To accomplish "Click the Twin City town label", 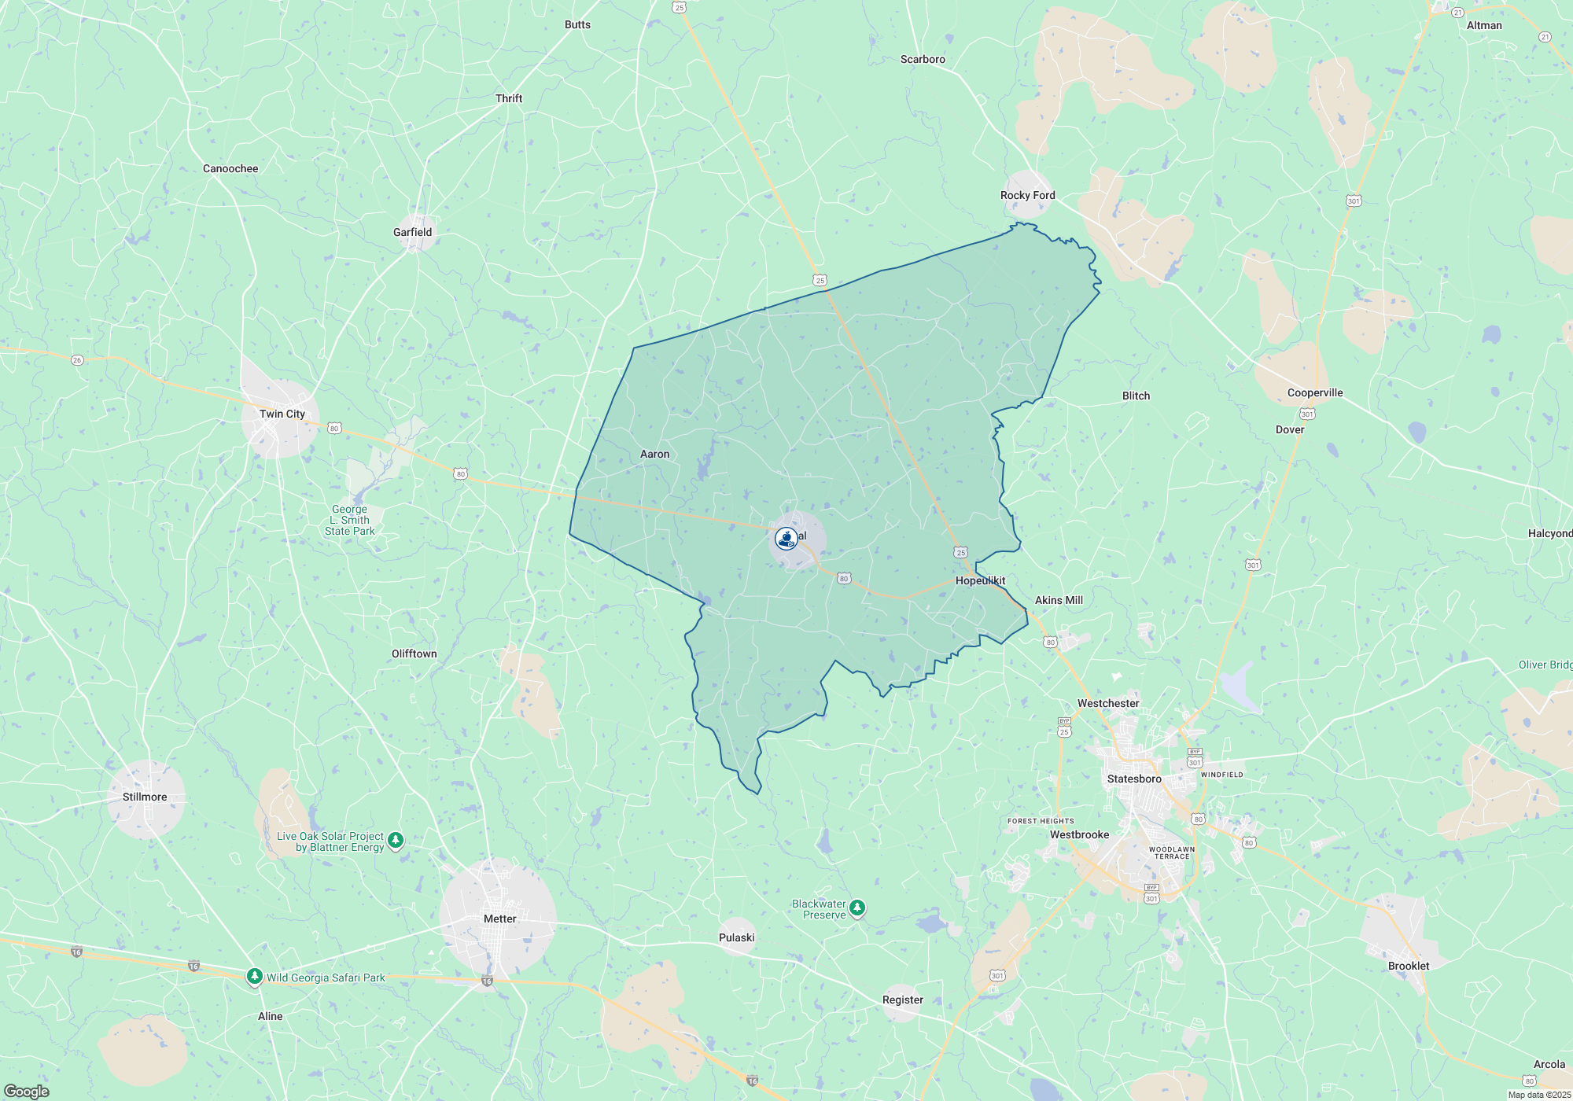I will click(282, 414).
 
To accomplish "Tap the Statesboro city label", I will click(1134, 779).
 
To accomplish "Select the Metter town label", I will click(500, 919).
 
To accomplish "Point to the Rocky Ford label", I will click(1027, 195).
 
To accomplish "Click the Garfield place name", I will click(412, 232).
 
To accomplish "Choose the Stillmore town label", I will click(145, 797).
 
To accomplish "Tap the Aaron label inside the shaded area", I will click(654, 454).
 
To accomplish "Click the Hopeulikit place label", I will click(980, 580).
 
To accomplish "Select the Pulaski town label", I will click(736, 937).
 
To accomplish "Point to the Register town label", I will click(902, 1000).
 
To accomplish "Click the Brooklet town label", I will click(1409, 966).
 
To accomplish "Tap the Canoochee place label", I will click(230, 168).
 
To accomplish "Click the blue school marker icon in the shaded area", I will click(786, 538).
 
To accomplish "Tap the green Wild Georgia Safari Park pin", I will click(254, 977).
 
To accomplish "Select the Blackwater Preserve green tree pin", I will click(857, 908).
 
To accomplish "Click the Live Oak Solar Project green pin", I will click(396, 841).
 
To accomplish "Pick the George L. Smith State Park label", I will click(350, 520).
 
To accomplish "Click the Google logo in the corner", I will click(27, 1092).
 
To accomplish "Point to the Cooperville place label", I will click(1315, 392).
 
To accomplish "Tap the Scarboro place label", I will click(923, 59).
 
